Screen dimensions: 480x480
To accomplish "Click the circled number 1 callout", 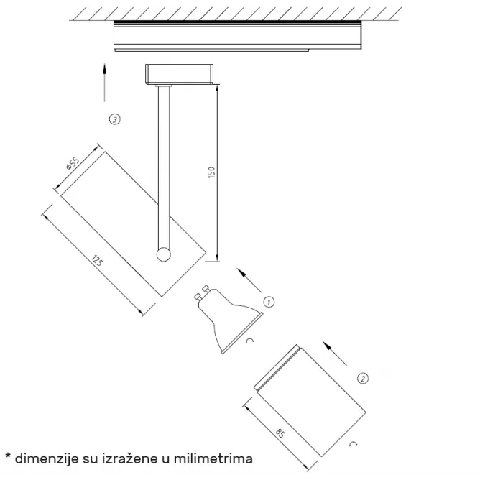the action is tap(269, 302).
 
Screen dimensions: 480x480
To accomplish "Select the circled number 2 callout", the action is tap(363, 379).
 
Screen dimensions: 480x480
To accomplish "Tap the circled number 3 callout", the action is tap(115, 119).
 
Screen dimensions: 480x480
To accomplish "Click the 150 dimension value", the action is tap(211, 172).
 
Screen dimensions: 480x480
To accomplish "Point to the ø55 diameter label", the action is tap(73, 163).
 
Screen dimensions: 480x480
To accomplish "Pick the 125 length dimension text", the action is tap(97, 261).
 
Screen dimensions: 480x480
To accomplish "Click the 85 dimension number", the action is tap(280, 433).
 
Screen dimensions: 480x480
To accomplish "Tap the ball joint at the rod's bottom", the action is tap(163, 254).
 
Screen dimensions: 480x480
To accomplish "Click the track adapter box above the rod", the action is tap(179, 74).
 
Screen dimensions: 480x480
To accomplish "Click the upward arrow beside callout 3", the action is tap(105, 83).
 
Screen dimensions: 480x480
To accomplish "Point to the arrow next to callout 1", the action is tap(249, 280).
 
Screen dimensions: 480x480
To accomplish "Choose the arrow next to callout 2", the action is tap(335, 354).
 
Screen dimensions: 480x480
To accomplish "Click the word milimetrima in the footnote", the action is tap(213, 459).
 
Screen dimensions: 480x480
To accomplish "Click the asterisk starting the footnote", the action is tap(8, 456).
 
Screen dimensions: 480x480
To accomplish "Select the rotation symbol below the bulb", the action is tap(250, 340).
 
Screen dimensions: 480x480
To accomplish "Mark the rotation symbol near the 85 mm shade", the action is tap(354, 443).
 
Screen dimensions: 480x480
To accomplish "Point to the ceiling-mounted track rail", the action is tap(238, 35).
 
